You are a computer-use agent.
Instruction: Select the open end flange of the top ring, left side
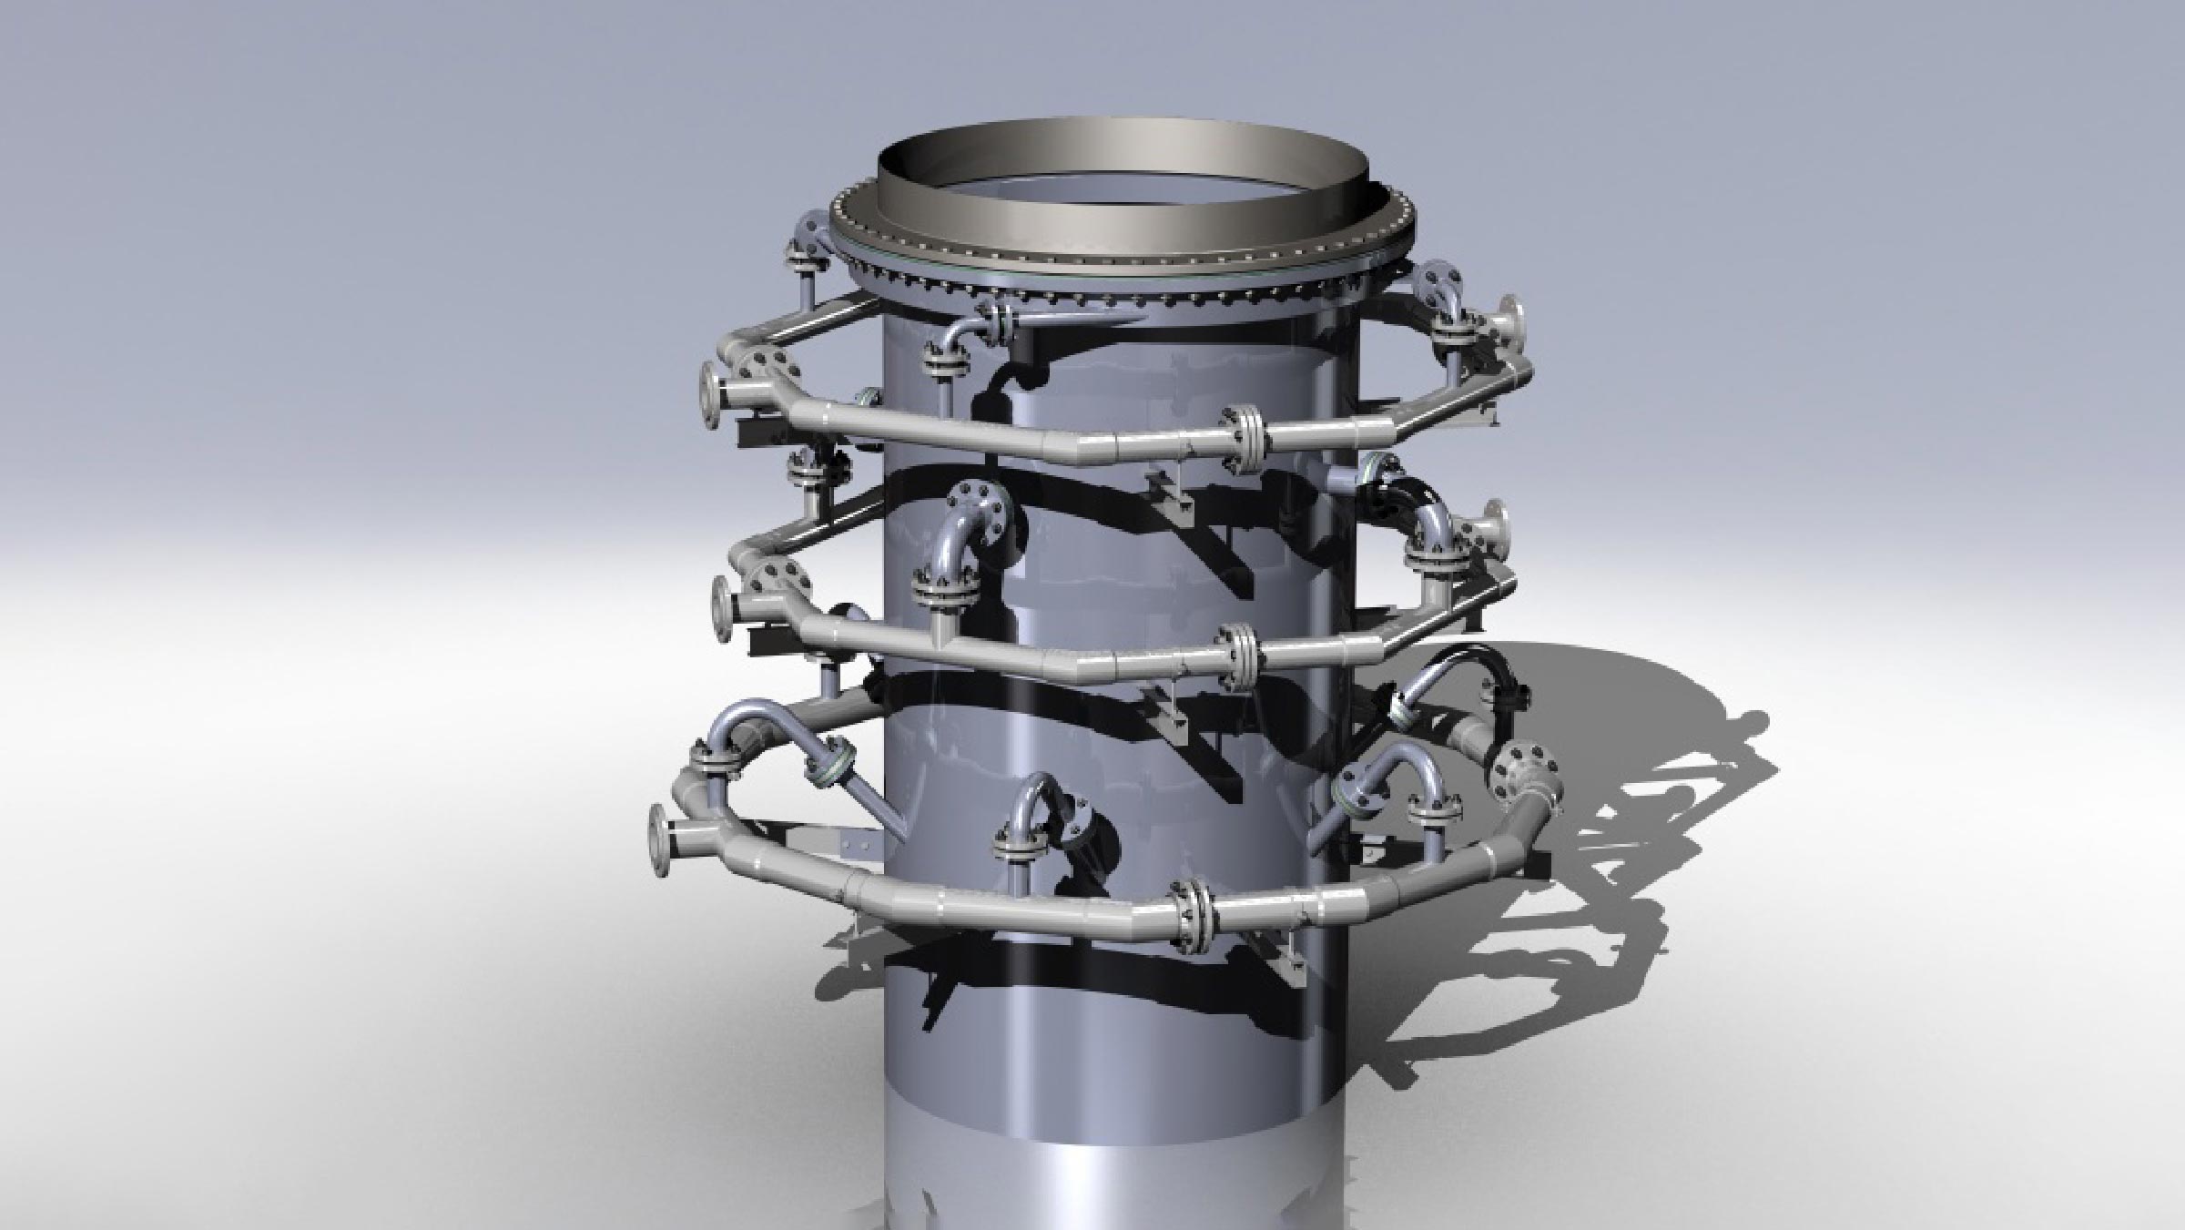(x=710, y=394)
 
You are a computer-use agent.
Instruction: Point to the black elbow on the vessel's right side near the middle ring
(x=1393, y=496)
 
